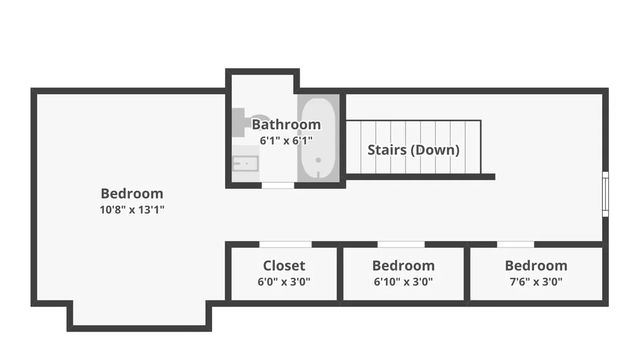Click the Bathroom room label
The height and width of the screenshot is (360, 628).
[286, 124]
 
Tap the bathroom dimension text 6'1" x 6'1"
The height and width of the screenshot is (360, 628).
[286, 140]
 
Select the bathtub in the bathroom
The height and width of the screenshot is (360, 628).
[318, 139]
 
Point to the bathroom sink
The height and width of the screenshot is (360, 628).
[245, 163]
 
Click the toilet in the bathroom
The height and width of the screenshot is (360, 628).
[247, 121]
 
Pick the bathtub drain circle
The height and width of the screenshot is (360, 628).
[318, 160]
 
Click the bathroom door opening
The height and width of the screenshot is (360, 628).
[278, 185]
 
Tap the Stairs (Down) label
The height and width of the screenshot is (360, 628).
[413, 150]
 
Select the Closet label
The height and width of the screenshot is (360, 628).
[284, 266]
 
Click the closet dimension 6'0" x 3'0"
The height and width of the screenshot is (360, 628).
[284, 282]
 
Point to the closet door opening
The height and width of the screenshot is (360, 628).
[286, 244]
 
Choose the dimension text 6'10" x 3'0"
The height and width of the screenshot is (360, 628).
[404, 282]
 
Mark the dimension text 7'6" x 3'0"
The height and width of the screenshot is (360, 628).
[536, 282]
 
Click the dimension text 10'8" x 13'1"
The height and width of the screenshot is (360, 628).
[132, 209]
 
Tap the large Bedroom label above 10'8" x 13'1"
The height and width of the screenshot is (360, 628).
[132, 193]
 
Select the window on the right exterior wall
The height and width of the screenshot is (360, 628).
[605, 194]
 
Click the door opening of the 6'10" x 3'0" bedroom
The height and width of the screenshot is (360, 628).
[401, 244]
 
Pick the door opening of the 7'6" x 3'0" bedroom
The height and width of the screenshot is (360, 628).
[515, 244]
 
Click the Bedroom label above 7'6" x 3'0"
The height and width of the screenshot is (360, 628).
[536, 266]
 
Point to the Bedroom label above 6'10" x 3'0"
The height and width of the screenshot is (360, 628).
[404, 266]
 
